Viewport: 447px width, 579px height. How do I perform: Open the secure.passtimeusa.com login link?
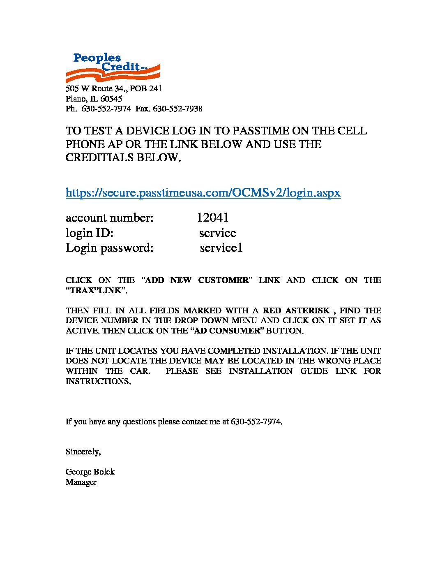point(203,192)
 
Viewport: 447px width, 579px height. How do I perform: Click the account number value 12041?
point(212,218)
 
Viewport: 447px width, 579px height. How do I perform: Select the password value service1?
point(221,248)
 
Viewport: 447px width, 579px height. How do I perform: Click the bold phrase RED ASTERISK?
point(296,310)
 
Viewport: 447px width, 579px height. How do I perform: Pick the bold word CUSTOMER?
point(223,280)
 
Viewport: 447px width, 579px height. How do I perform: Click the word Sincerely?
point(83,452)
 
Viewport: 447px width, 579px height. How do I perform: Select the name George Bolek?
point(90,472)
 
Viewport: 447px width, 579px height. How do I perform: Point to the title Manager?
point(81,482)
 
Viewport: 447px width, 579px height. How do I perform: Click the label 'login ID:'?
point(89,233)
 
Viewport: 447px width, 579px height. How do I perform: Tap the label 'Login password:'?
point(109,248)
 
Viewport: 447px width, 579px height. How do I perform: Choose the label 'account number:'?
point(109,218)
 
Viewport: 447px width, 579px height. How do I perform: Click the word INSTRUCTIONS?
point(98,381)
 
